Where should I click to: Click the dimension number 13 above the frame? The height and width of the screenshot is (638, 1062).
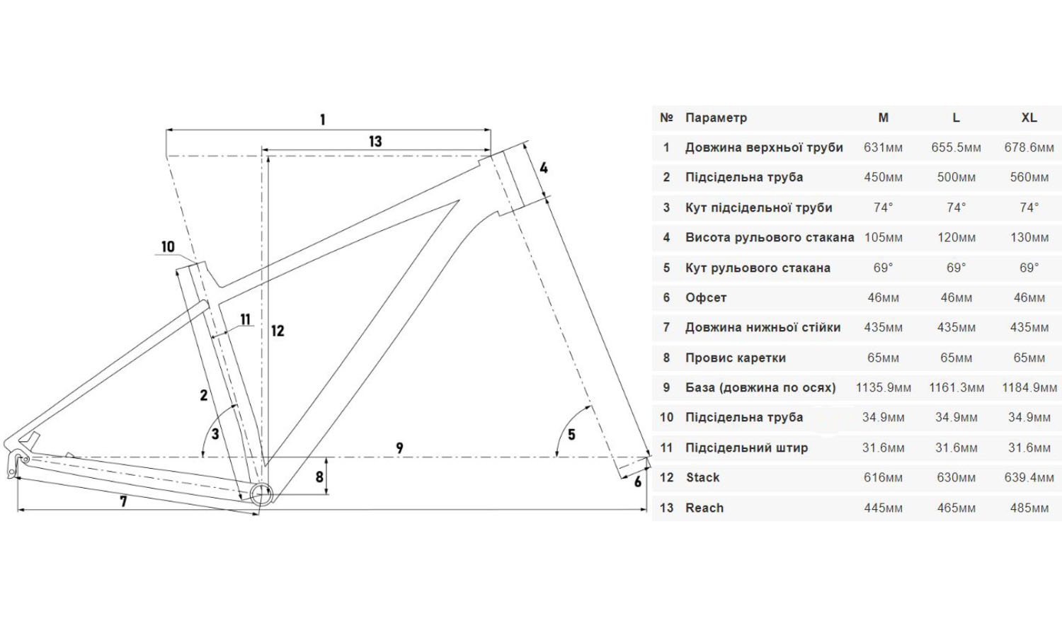tap(375, 142)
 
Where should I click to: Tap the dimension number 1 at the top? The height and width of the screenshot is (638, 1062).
tap(323, 120)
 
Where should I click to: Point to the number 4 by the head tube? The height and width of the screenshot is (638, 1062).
tap(543, 168)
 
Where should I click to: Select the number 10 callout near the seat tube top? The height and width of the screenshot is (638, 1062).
tap(168, 246)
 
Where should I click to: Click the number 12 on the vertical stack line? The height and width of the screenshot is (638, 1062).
tap(278, 331)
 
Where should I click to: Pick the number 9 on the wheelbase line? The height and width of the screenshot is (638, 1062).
tap(399, 448)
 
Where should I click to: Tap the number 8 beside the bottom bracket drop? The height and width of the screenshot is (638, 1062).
tap(319, 477)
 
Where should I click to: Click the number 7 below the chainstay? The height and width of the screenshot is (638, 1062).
tap(124, 501)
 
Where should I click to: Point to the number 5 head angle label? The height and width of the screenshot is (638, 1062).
tap(571, 435)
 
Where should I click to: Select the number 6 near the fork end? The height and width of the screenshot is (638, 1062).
tap(637, 482)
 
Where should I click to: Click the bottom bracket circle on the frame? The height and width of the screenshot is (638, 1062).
tap(261, 494)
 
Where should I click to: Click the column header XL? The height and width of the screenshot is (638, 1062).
tap(1029, 118)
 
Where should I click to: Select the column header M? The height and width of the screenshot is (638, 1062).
tap(883, 118)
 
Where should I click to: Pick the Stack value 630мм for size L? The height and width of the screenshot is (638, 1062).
tap(956, 478)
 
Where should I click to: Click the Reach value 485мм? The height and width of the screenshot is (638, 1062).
tap(1029, 508)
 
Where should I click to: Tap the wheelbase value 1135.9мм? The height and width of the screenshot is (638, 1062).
tap(883, 388)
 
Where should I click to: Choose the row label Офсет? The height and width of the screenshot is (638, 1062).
tap(705, 298)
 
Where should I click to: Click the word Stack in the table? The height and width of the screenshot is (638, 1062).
tap(702, 478)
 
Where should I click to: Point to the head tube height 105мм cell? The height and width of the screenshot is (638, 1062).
tap(883, 238)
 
